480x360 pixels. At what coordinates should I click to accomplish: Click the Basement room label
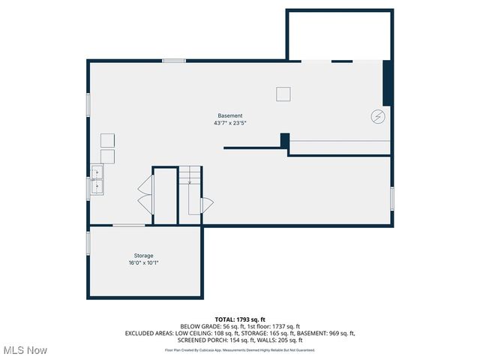[x=230, y=115]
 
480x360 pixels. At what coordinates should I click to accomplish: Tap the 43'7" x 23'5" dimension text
[x=230, y=123]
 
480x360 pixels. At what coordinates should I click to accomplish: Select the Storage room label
[x=143, y=256]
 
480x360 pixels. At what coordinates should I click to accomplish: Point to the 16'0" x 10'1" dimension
[x=143, y=263]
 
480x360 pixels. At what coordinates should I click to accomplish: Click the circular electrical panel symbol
[x=378, y=116]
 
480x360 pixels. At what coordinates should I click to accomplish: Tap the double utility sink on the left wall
[x=97, y=180]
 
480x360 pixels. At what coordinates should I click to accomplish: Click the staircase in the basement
[x=190, y=191]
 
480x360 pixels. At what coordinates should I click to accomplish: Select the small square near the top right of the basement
[x=283, y=94]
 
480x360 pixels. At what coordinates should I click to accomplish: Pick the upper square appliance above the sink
[x=107, y=140]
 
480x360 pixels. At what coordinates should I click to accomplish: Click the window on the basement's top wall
[x=174, y=60]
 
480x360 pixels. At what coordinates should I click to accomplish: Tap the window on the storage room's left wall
[x=88, y=242]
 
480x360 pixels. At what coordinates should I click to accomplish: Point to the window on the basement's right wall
[x=391, y=198]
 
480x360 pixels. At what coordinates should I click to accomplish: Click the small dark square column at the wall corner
[x=285, y=140]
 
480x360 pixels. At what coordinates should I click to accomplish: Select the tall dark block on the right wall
[x=387, y=82]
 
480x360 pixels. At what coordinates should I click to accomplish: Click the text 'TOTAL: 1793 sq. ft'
[x=240, y=319]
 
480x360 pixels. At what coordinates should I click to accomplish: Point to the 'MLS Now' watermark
[x=25, y=350]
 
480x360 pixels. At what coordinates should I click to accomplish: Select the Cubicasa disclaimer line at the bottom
[x=240, y=349]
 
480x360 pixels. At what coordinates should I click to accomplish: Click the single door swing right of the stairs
[x=208, y=205]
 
